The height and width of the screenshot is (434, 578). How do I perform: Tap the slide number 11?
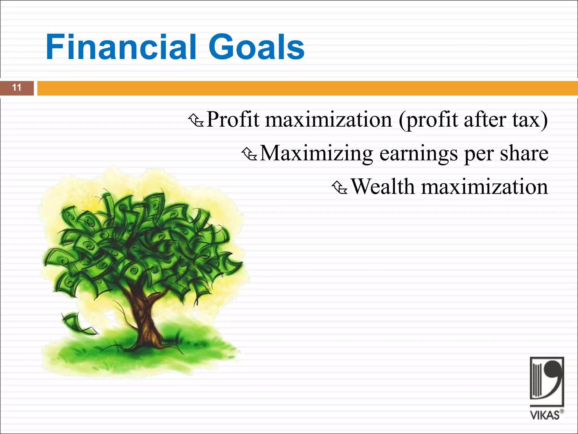(x=17, y=88)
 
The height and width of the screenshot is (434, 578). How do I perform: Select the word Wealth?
(x=382, y=187)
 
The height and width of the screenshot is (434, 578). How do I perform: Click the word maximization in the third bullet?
(x=484, y=187)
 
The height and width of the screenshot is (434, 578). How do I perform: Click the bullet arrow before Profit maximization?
(x=196, y=120)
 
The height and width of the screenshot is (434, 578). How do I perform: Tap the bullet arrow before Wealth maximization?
(x=340, y=188)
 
